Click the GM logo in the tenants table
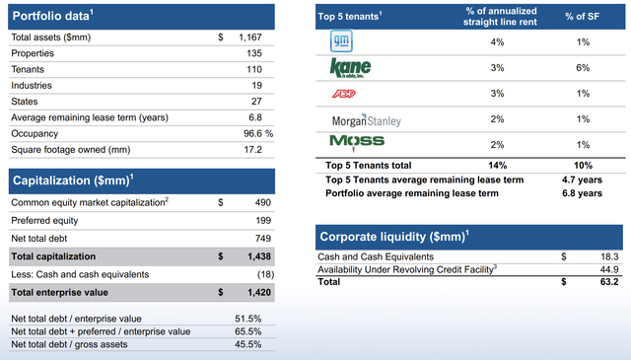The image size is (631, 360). pyautogui.click(x=341, y=41)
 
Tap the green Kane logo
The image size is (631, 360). pyautogui.click(x=350, y=68)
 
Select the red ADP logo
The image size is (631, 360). pyautogui.click(x=344, y=94)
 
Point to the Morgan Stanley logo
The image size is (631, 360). pyautogui.click(x=366, y=120)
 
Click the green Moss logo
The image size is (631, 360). pyautogui.click(x=357, y=143)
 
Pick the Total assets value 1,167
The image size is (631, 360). pyautogui.click(x=249, y=37)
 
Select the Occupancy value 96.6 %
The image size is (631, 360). pyautogui.click(x=258, y=134)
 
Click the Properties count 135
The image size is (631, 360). pyautogui.click(x=254, y=53)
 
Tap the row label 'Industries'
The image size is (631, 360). pyautogui.click(x=32, y=86)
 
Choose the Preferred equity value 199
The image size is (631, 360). pyautogui.click(x=263, y=221)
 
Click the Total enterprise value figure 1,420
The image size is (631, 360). pyautogui.click(x=259, y=292)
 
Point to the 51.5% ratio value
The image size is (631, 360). pyautogui.click(x=247, y=319)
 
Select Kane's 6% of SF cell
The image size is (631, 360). pyautogui.click(x=583, y=68)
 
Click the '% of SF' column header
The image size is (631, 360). pyautogui.click(x=582, y=17)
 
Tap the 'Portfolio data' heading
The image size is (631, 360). pyautogui.click(x=52, y=16)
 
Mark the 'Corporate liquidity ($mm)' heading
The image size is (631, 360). pyautogui.click(x=394, y=237)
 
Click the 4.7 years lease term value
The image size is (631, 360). pyautogui.click(x=582, y=180)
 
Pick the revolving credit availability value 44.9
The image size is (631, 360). pyautogui.click(x=609, y=270)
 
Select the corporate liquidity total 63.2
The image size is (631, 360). pyautogui.click(x=609, y=282)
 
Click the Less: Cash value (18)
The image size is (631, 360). pyautogui.click(x=265, y=274)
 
